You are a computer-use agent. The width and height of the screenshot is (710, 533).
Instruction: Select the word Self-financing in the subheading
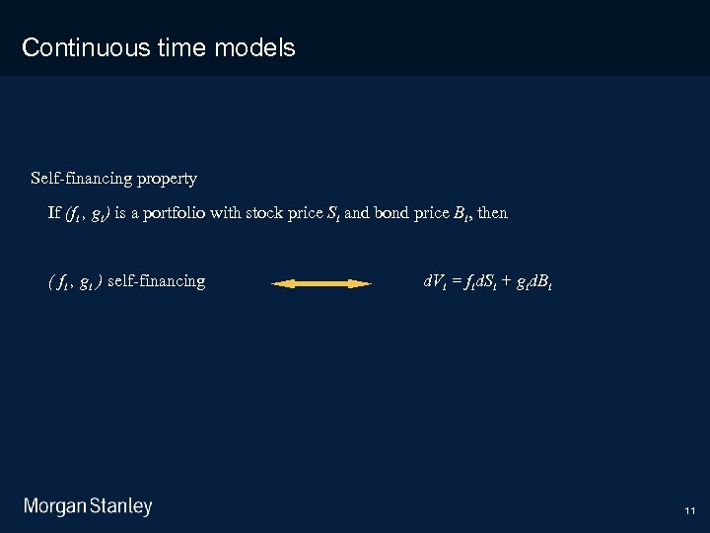79,179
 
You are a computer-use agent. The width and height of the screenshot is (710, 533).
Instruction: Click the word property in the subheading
167,179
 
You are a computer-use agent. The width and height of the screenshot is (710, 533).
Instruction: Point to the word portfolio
175,213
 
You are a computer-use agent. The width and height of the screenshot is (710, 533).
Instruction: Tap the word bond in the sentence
392,213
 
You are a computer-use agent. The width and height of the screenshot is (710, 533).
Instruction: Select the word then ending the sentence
492,213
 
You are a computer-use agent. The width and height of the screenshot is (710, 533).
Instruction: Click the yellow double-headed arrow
321,283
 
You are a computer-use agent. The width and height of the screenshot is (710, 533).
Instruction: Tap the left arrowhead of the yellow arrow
280,283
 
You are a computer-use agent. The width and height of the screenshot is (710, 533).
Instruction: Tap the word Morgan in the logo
55,507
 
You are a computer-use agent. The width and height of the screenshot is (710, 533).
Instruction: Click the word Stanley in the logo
121,507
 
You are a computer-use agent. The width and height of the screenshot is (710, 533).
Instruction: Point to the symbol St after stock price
332,213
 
